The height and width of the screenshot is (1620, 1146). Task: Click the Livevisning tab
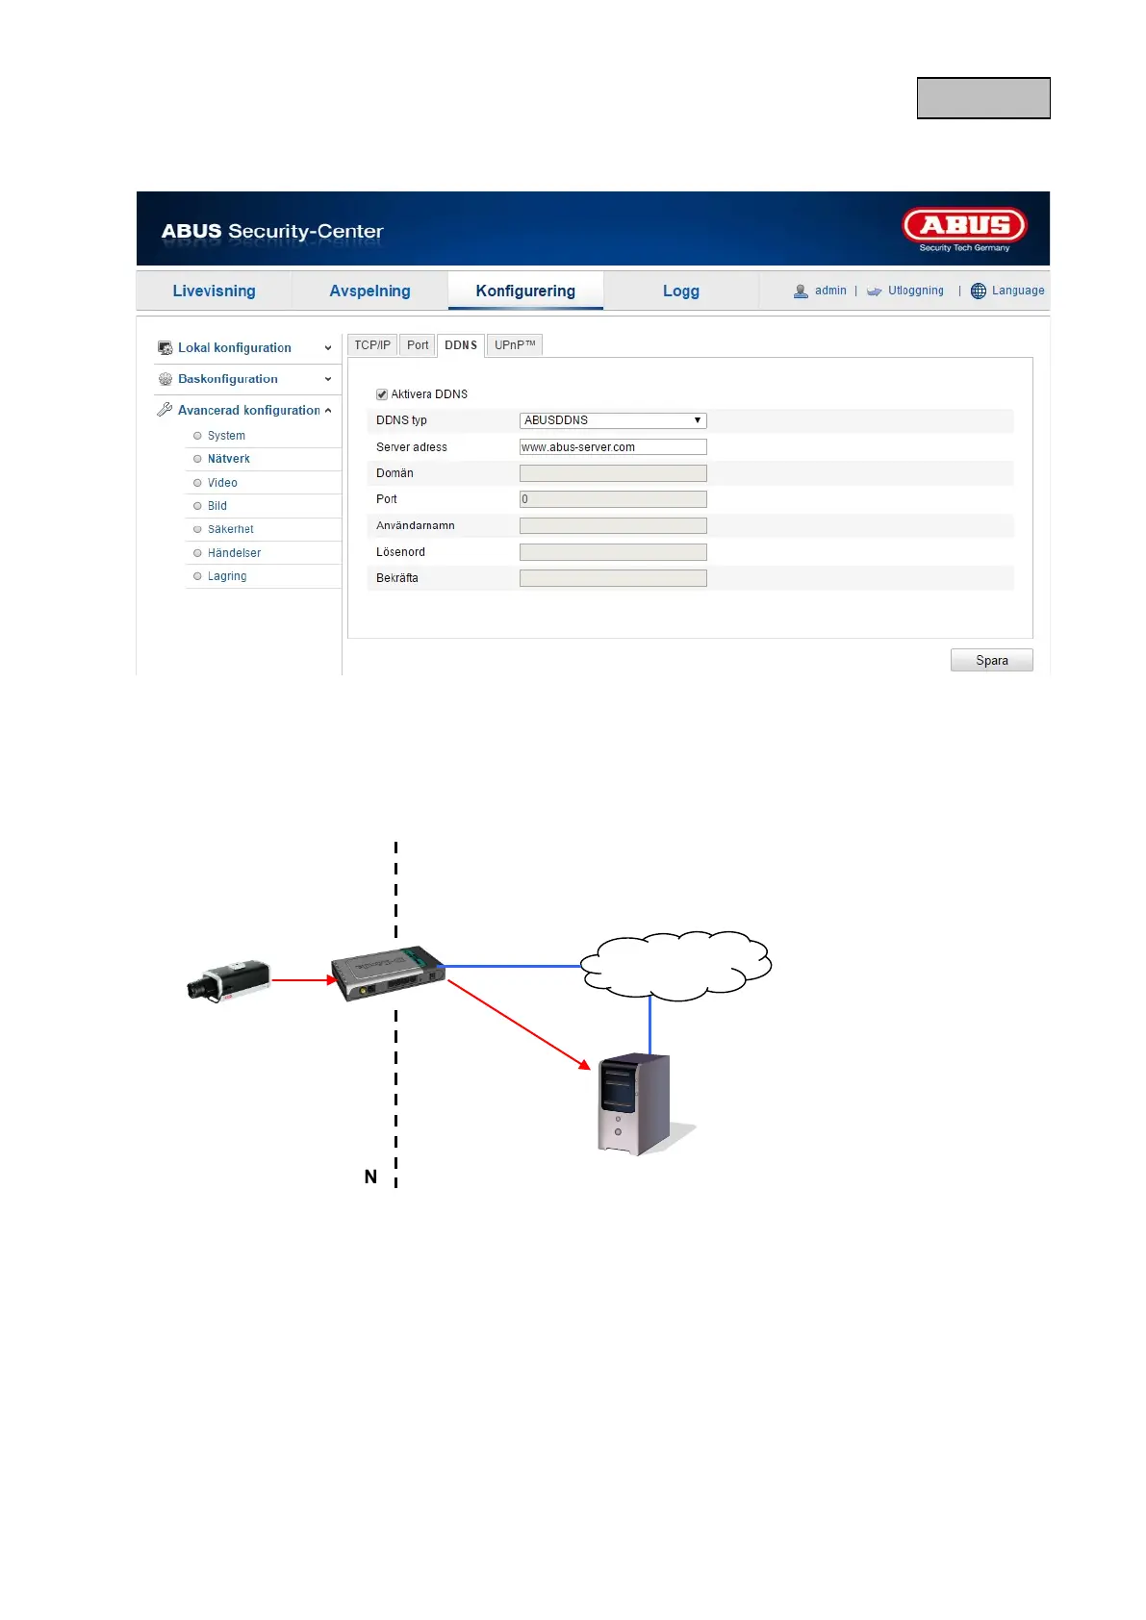coord(214,291)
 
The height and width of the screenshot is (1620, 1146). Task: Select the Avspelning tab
coord(369,291)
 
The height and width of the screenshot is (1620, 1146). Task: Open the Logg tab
coord(680,291)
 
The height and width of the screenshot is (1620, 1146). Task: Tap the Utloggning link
coord(915,291)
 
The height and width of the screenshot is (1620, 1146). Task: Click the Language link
coord(1017,291)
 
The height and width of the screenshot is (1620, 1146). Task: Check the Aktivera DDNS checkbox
coord(382,394)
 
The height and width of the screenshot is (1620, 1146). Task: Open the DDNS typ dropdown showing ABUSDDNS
coord(612,420)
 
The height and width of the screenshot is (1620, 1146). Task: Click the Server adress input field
coord(612,447)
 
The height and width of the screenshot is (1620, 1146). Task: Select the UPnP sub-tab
coord(514,345)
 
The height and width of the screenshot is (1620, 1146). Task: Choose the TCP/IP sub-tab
coord(372,345)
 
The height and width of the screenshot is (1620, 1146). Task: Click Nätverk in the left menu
coord(229,459)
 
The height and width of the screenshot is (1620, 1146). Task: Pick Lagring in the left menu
coord(227,576)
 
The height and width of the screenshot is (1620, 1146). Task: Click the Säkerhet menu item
coord(231,529)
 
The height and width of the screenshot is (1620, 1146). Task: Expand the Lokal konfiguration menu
coord(235,348)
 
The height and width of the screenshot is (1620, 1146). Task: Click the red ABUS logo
coord(964,227)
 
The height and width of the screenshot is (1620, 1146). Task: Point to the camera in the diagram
coord(228,980)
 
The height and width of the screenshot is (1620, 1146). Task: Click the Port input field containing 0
coord(612,499)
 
